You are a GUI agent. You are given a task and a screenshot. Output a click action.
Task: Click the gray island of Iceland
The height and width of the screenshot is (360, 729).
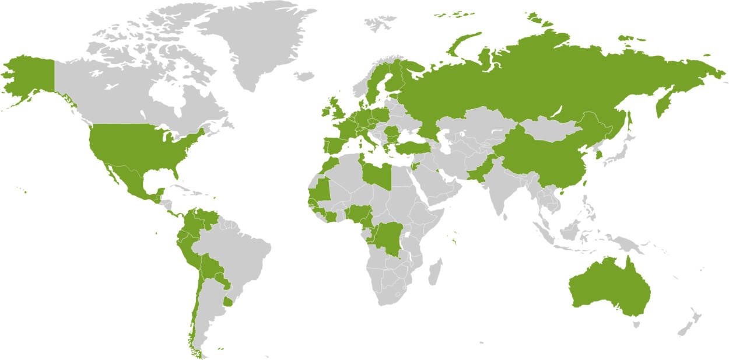click(304, 76)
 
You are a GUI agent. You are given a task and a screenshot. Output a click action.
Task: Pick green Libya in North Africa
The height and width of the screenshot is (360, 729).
click(376, 173)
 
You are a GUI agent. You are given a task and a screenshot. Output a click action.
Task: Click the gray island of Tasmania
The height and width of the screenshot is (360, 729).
click(636, 324)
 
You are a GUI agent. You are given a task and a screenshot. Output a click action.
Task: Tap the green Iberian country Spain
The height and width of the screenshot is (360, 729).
click(334, 146)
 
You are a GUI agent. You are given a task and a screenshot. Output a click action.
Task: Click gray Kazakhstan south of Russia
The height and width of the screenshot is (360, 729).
click(472, 125)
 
